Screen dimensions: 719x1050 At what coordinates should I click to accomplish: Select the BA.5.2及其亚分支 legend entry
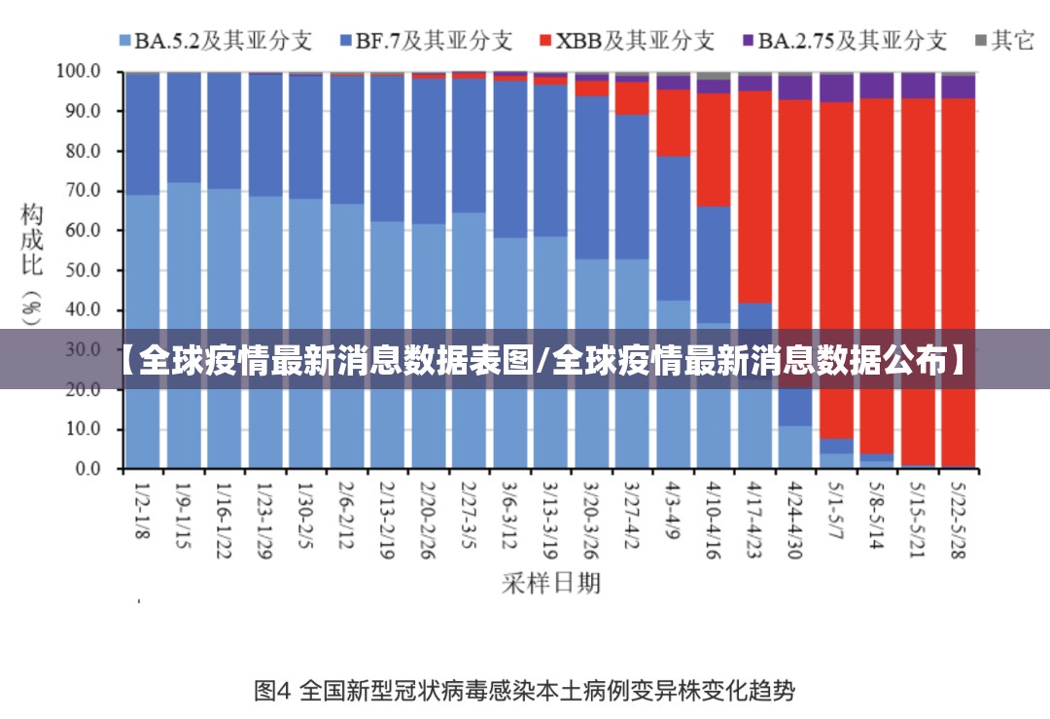pyautogui.click(x=215, y=40)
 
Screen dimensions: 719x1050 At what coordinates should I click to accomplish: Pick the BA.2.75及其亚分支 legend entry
pyautogui.click(x=844, y=40)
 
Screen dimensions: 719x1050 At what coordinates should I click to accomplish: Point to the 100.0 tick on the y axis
pyautogui.click(x=79, y=71)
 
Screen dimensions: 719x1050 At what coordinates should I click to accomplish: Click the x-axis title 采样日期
pyautogui.click(x=551, y=583)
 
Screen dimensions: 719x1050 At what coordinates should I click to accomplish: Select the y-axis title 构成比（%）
pyautogui.click(x=32, y=263)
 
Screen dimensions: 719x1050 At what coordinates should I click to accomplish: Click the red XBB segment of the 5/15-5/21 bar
pyautogui.click(x=919, y=243)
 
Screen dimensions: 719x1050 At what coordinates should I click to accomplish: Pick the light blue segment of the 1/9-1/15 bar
pyautogui.click(x=185, y=292)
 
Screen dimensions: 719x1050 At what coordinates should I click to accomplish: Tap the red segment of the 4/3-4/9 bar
pyautogui.click(x=674, y=123)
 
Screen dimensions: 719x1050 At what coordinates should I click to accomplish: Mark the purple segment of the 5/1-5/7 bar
pyautogui.click(x=837, y=88)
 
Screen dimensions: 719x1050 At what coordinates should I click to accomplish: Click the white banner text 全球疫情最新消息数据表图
pyautogui.click(x=335, y=361)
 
